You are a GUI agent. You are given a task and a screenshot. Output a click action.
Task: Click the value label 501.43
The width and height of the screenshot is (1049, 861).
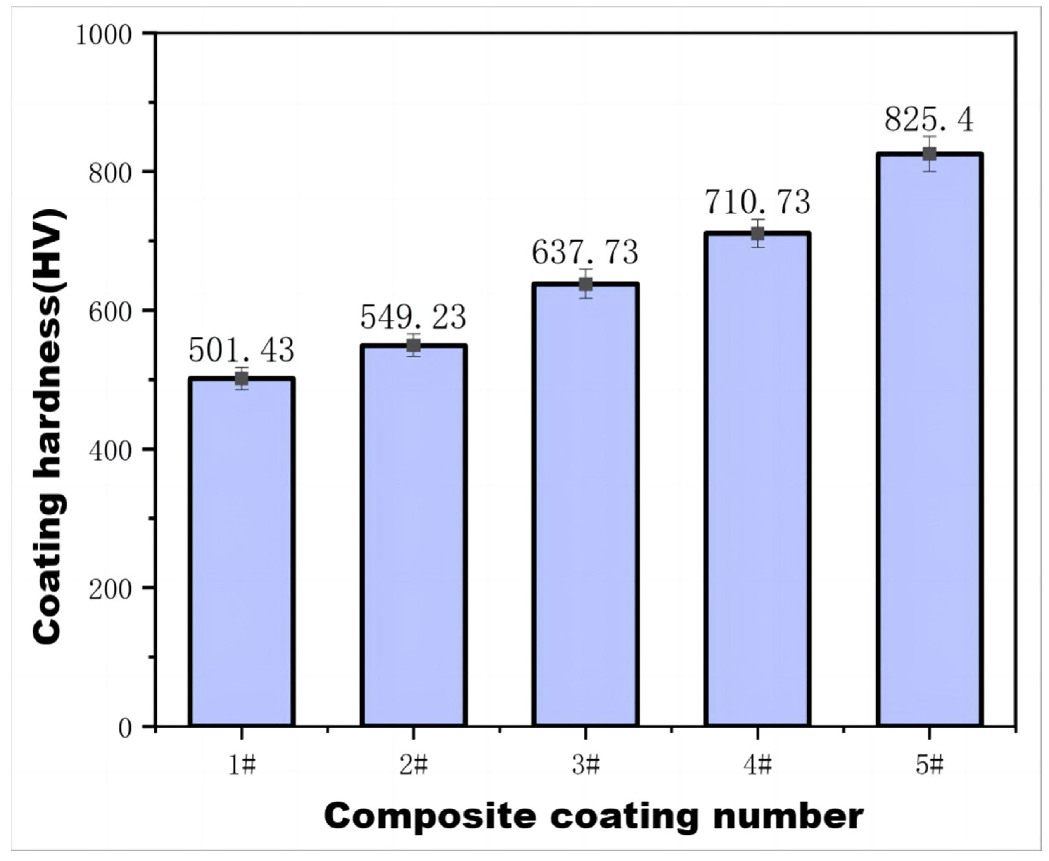tap(242, 350)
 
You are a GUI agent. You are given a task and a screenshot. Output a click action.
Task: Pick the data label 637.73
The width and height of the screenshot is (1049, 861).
tap(586, 253)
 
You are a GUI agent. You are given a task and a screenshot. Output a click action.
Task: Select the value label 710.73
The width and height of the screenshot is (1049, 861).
tap(757, 202)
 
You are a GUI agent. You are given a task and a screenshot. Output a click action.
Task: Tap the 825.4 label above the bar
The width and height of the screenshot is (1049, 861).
tap(929, 120)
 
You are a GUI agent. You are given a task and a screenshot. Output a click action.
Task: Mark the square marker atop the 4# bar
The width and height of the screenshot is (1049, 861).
tap(757, 234)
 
